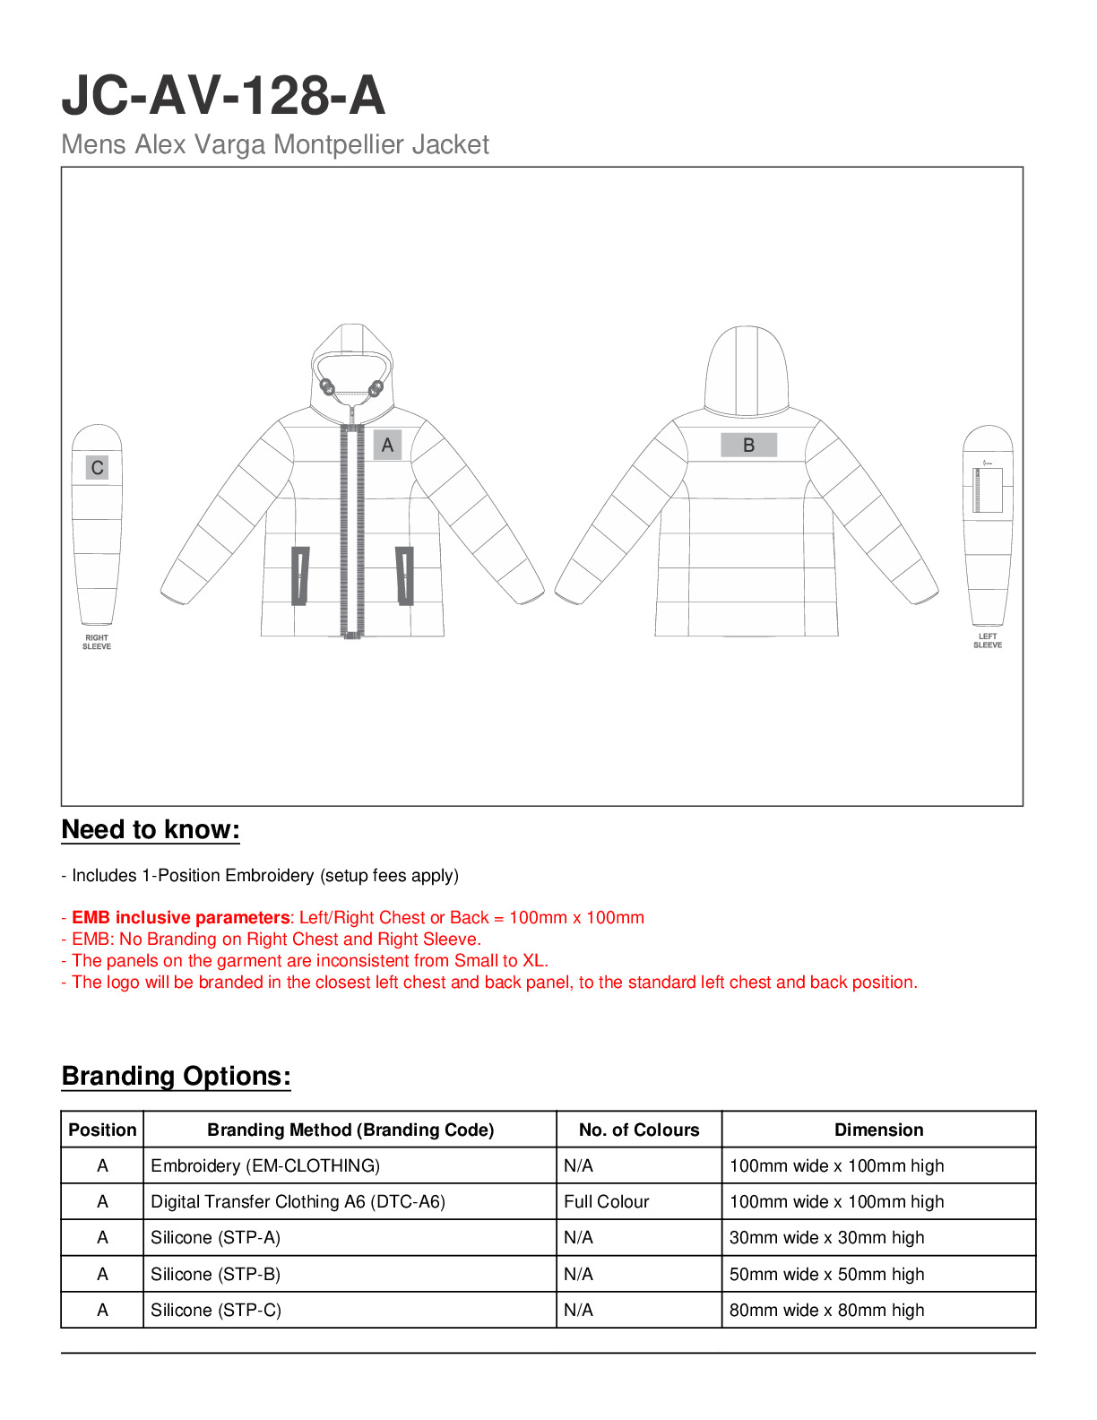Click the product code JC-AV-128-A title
click(223, 96)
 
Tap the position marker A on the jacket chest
click(387, 445)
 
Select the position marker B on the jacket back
click(748, 445)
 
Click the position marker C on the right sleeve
click(97, 467)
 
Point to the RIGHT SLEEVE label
click(97, 642)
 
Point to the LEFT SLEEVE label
click(988, 640)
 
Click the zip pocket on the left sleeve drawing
click(989, 489)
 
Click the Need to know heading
click(151, 829)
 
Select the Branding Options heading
click(176, 1076)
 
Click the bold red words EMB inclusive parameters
click(180, 917)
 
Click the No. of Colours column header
click(639, 1130)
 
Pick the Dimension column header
click(878, 1130)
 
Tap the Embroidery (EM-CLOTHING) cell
click(265, 1165)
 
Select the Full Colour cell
click(606, 1201)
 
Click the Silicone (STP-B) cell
click(215, 1274)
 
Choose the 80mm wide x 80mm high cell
click(826, 1310)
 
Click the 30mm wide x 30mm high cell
click(826, 1237)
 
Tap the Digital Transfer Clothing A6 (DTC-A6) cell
click(298, 1201)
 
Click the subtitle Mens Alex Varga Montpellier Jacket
click(275, 144)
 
